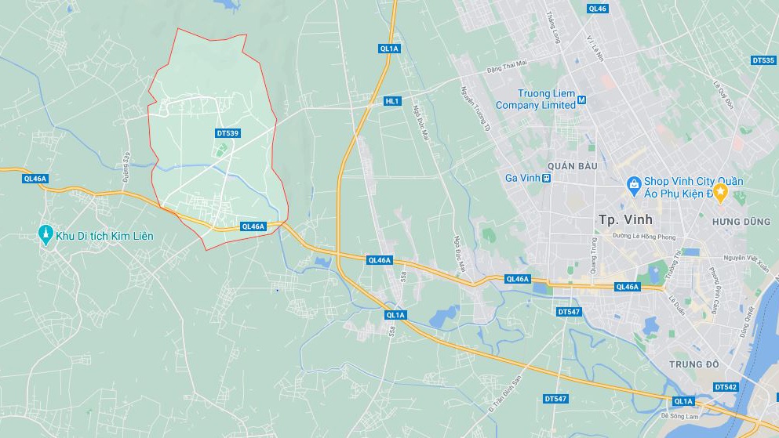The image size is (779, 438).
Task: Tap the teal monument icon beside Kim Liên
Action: [46, 235]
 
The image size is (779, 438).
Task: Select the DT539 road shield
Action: [227, 134]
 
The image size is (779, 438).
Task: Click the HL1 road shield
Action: [392, 101]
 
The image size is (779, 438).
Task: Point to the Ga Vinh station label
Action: [522, 178]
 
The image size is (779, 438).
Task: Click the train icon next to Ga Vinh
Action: [547, 178]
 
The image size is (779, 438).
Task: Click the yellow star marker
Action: [719, 193]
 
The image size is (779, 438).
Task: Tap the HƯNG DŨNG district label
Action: [741, 222]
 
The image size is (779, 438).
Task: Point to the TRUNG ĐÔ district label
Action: [694, 364]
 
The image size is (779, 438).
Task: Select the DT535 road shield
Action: [763, 60]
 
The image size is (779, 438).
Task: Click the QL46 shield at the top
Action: [597, 9]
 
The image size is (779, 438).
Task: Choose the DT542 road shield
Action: [726, 387]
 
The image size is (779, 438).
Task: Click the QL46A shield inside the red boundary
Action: [253, 226]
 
